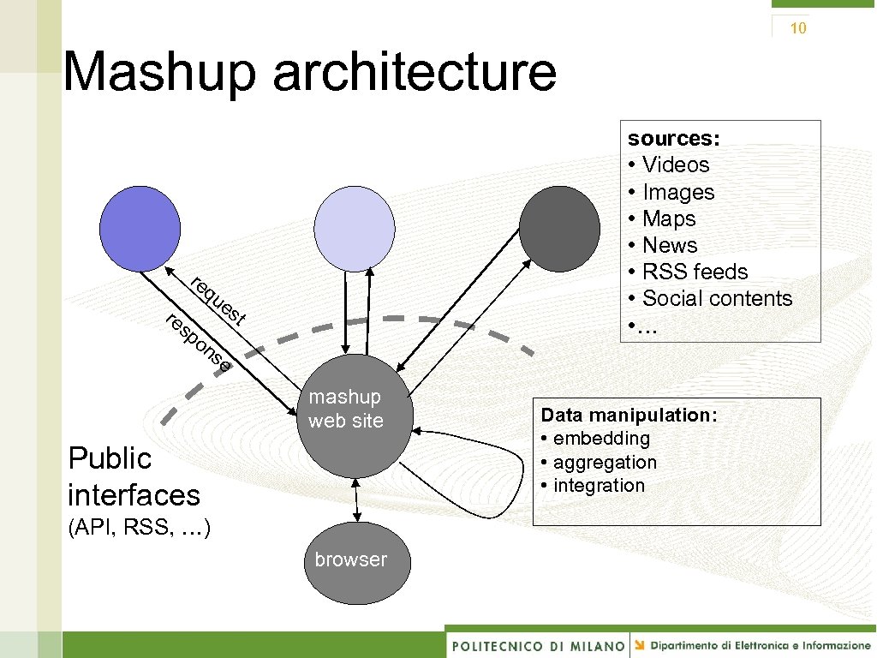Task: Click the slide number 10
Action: (797, 28)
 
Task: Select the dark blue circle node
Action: (140, 228)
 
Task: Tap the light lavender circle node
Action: (354, 228)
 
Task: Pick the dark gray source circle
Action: (559, 228)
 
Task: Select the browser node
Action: (355, 562)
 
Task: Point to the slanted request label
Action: (219, 302)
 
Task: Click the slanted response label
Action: (198, 344)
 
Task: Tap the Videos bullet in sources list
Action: (675, 164)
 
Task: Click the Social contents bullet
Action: (716, 298)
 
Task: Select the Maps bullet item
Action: (668, 218)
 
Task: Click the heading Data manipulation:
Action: (629, 415)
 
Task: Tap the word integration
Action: (599, 485)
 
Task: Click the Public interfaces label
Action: (133, 476)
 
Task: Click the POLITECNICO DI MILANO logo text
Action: (538, 645)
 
